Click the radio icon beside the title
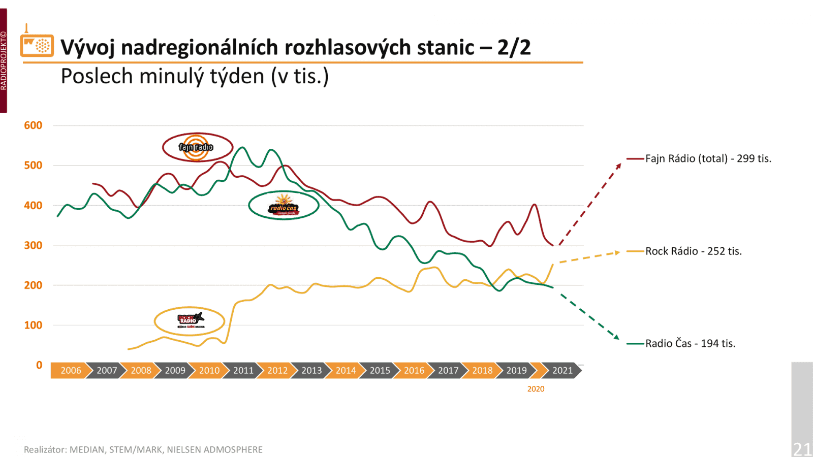pos(37,45)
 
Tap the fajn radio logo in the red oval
pos(197,147)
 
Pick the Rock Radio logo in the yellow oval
pos(190,320)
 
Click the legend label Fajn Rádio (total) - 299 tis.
pos(708,159)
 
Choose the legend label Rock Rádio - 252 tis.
pos(693,251)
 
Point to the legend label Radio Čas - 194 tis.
pos(690,344)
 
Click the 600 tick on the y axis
pos(33,125)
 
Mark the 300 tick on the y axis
pos(33,245)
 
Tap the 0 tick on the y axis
pos(39,365)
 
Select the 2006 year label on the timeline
pos(71,371)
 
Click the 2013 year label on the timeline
pos(311,371)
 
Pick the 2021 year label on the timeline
pos(562,371)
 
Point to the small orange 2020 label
pos(536,389)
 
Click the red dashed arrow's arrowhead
pos(619,165)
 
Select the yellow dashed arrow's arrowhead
pos(617,252)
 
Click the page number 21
pos(802,449)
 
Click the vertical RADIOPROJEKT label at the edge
pos(4,61)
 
